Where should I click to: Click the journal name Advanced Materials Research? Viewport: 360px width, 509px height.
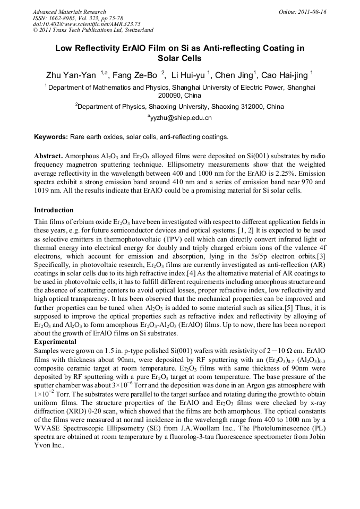point(69,12)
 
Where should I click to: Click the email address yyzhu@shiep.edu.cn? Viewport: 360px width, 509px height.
point(181,118)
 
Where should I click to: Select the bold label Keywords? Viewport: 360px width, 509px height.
point(51,137)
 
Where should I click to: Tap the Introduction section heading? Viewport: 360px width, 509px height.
point(54,210)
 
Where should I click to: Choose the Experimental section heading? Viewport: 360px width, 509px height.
point(55,342)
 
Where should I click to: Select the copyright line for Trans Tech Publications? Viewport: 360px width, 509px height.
point(93,30)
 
